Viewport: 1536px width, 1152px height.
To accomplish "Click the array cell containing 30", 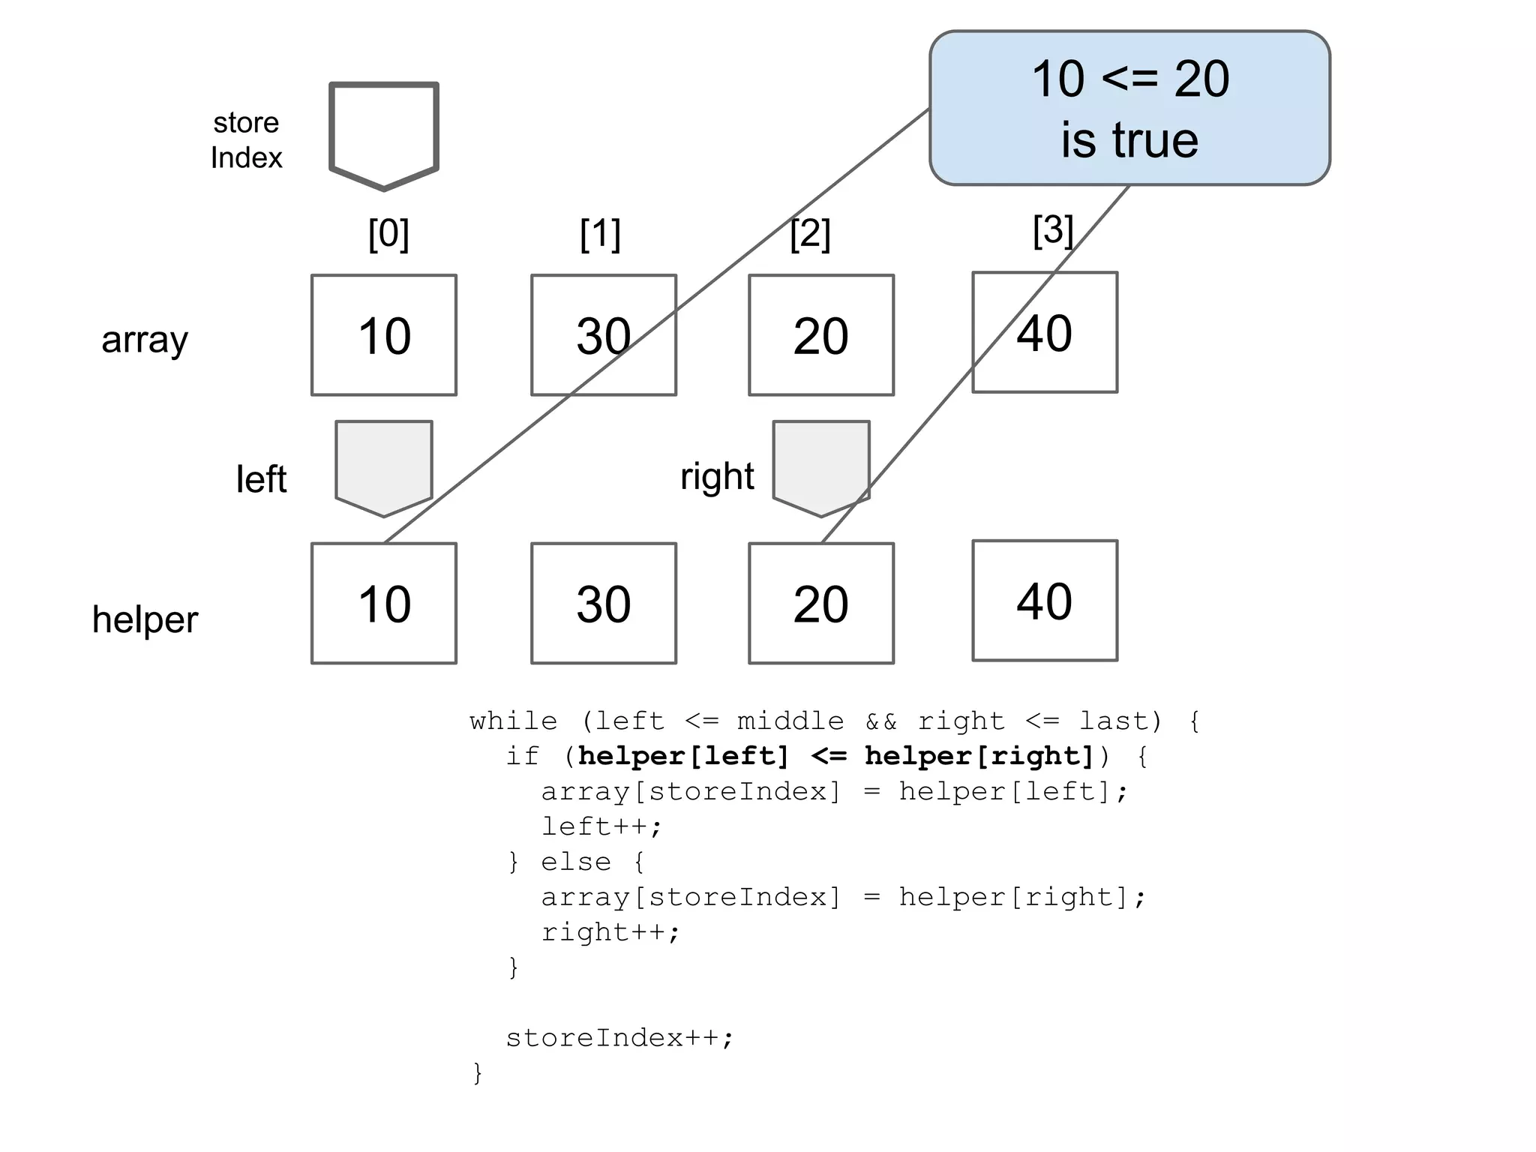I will [603, 335].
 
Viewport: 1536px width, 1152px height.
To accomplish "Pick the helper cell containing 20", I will [820, 603].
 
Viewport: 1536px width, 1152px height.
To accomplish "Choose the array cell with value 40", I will [1044, 332].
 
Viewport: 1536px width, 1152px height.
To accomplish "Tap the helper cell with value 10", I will [383, 603].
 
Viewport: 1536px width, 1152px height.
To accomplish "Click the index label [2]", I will [810, 234].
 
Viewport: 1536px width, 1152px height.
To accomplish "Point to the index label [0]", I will [388, 234].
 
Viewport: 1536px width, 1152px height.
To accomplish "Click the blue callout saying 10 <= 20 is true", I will [1129, 108].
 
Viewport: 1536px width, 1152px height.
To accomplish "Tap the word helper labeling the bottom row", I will [145, 619].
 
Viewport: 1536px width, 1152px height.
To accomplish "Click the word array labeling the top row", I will [145, 340].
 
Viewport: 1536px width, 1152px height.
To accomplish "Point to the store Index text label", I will [246, 140].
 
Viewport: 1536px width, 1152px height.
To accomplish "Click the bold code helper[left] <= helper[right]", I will [835, 756].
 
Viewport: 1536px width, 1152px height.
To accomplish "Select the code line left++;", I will [601, 826].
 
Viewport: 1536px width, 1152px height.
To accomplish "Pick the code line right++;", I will [610, 932].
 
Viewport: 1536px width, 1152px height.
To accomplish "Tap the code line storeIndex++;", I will [619, 1038].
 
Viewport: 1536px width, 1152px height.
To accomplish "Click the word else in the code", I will [575, 862].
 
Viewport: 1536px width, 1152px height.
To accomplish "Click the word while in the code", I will [513, 721].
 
